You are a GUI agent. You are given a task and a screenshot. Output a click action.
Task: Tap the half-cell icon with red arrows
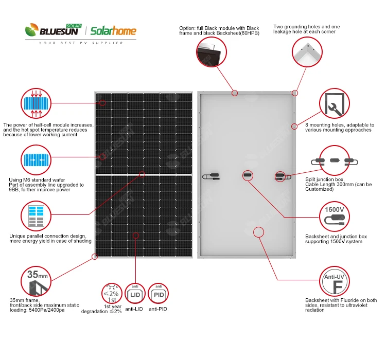click(x=36, y=103)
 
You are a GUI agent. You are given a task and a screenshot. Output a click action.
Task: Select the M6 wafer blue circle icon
click(x=36, y=160)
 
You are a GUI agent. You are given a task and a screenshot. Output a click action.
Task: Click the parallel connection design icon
click(x=36, y=217)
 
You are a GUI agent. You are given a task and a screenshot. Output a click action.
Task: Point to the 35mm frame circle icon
click(x=36, y=280)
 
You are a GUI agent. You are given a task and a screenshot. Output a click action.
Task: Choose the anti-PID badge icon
click(x=158, y=294)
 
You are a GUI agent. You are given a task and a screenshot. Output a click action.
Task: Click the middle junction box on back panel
click(x=247, y=175)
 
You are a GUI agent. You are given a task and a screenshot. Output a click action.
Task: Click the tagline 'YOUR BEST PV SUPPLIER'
click(x=81, y=43)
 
